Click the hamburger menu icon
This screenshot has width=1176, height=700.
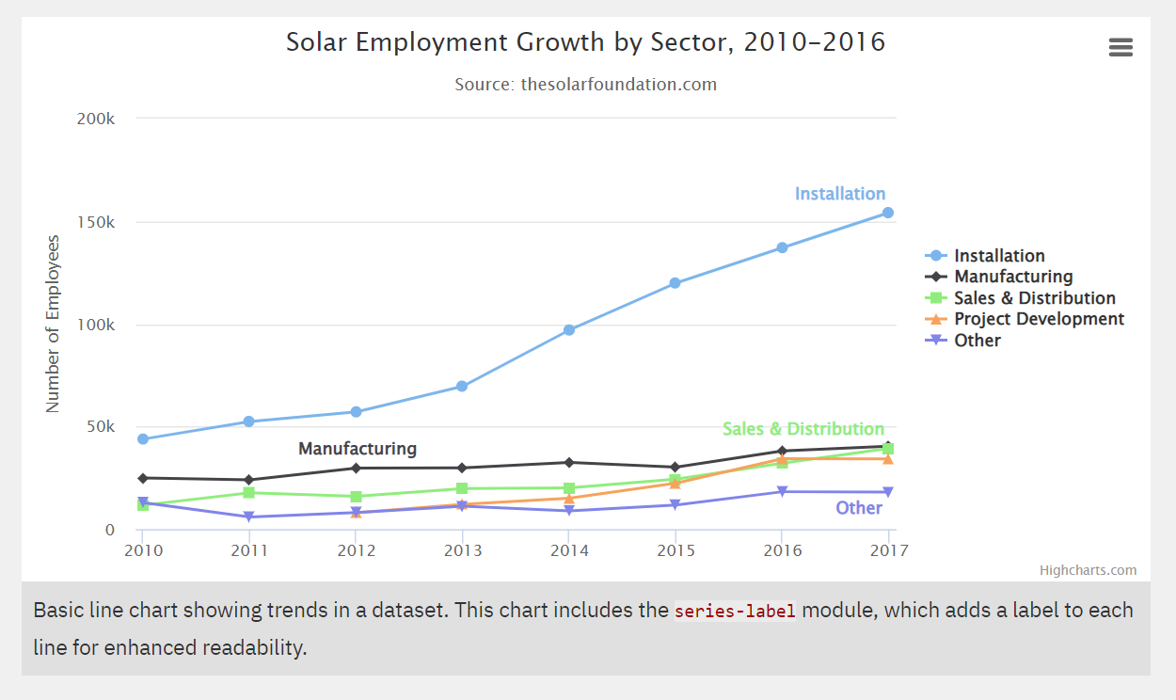click(1120, 48)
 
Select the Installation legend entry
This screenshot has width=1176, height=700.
click(998, 256)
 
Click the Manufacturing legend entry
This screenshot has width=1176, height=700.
click(1012, 277)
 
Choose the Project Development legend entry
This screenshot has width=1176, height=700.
click(1039, 319)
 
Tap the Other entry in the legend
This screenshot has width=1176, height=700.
click(977, 341)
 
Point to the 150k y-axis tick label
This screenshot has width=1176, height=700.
click(96, 223)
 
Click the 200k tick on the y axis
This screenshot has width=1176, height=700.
click(96, 119)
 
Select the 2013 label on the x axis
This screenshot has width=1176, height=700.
click(462, 550)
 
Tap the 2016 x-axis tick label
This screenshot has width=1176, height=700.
click(782, 550)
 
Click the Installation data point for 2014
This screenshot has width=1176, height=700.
click(569, 330)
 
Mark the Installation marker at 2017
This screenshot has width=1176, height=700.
click(888, 213)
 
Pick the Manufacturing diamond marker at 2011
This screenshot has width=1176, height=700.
click(248, 480)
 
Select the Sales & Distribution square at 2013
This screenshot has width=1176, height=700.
click(462, 488)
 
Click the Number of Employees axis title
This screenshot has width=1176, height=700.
click(53, 324)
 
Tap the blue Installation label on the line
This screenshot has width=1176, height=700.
click(839, 194)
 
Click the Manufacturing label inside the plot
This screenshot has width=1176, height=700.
click(357, 449)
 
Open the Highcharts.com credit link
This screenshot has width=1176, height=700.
click(1088, 570)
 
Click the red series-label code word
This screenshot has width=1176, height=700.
click(735, 611)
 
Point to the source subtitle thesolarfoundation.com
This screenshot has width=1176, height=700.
click(585, 85)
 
